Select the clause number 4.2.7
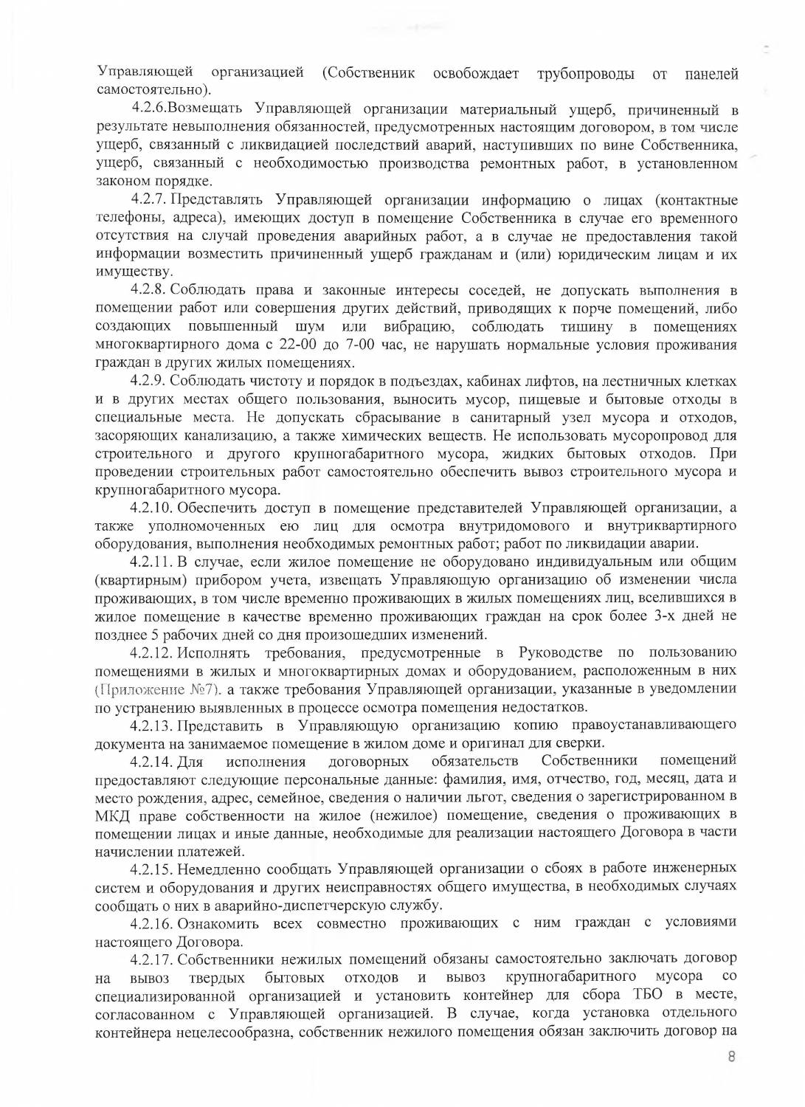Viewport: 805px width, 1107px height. pyautogui.click(x=151, y=201)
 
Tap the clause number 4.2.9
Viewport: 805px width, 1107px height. pyautogui.click(x=151, y=382)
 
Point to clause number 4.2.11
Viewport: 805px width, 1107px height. pyautogui.click(x=153, y=562)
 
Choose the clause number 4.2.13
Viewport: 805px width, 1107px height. pyautogui.click(x=153, y=725)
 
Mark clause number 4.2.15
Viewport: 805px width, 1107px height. pyautogui.click(x=153, y=869)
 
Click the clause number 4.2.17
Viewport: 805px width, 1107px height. pyautogui.click(x=153, y=959)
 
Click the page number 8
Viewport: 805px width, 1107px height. pyautogui.click(x=731, y=1056)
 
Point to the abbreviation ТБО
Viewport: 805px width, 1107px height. pyautogui.click(x=648, y=995)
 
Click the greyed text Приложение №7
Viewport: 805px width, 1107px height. pyautogui.click(x=159, y=689)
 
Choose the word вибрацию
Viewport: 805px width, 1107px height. pyautogui.click(x=418, y=327)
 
